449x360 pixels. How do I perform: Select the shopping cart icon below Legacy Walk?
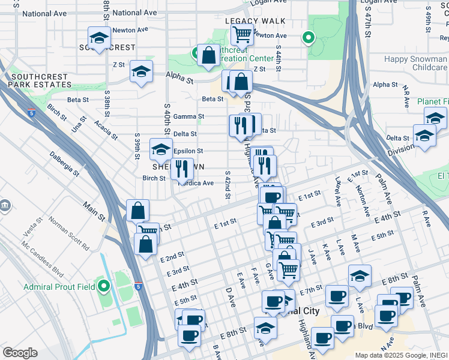pos(242,35)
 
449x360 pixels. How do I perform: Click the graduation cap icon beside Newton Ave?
pos(100,38)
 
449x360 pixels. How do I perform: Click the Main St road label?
pos(94,212)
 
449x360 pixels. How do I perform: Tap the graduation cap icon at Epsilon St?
pos(161,149)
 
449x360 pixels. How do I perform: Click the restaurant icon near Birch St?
pos(182,169)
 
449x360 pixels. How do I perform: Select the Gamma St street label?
pos(188,116)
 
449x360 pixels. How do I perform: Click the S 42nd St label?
pos(228,184)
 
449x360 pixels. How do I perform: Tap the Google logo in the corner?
pos(20,353)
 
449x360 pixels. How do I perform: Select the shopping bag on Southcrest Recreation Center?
pos(208,56)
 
